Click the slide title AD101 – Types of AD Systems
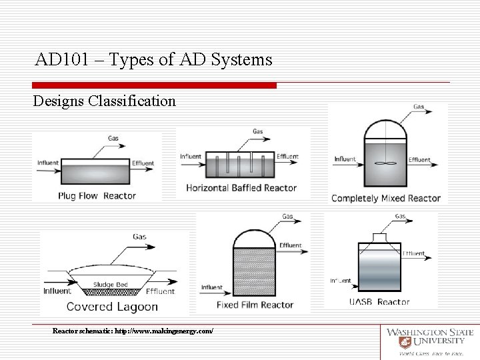pyautogui.click(x=154, y=60)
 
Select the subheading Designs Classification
pyautogui.click(x=105, y=101)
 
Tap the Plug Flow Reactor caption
pyautogui.click(x=97, y=196)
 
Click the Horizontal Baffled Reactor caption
pyautogui.click(x=241, y=188)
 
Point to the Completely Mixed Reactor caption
pyautogui.click(x=386, y=198)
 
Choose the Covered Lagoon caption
pyautogui.click(x=112, y=307)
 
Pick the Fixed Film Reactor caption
pyautogui.click(x=255, y=305)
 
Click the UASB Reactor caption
pyautogui.click(x=379, y=302)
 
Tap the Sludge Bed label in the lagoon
pyautogui.click(x=111, y=285)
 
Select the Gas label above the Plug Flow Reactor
pyautogui.click(x=114, y=138)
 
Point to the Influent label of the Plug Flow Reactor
pyautogui.click(x=48, y=163)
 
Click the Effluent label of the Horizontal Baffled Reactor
pyautogui.click(x=287, y=157)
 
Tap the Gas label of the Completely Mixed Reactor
pyautogui.click(x=419, y=107)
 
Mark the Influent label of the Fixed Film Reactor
pyautogui.click(x=211, y=287)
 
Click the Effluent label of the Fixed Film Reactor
pyautogui.click(x=290, y=245)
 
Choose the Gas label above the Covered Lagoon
pyautogui.click(x=139, y=237)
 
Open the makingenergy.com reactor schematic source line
pyautogui.click(x=133, y=331)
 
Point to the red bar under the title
pyautogui.click(x=154, y=85)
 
